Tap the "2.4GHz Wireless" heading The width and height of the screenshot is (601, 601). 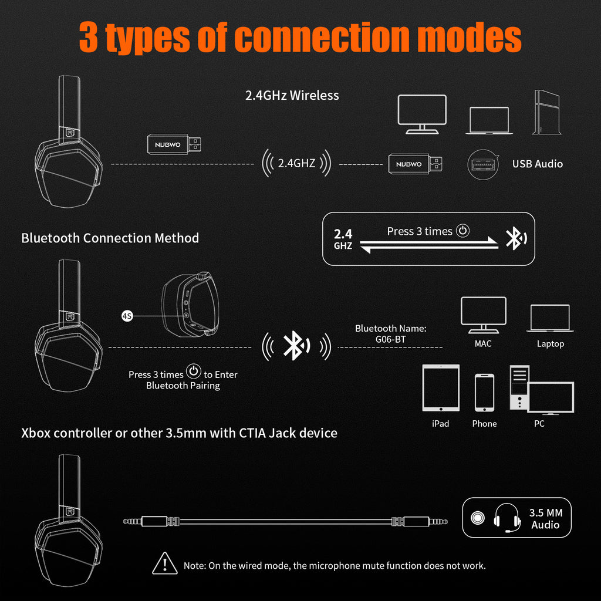coord(292,95)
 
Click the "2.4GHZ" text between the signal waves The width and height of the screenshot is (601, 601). coord(296,163)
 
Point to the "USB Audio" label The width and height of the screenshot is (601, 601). coord(537,164)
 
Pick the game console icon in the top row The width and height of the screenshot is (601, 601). coord(543,112)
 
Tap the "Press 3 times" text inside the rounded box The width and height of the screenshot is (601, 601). coord(420,231)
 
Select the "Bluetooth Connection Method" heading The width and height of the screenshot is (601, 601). coord(110,238)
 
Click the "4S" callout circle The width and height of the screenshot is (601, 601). coord(127,316)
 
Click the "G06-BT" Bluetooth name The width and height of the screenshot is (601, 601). coord(390,339)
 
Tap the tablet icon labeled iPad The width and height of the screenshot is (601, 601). coord(441,388)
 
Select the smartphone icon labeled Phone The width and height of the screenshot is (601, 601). coord(484,393)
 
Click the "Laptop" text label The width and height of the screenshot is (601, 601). coord(550,344)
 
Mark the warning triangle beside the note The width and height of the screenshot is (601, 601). coord(165,564)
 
